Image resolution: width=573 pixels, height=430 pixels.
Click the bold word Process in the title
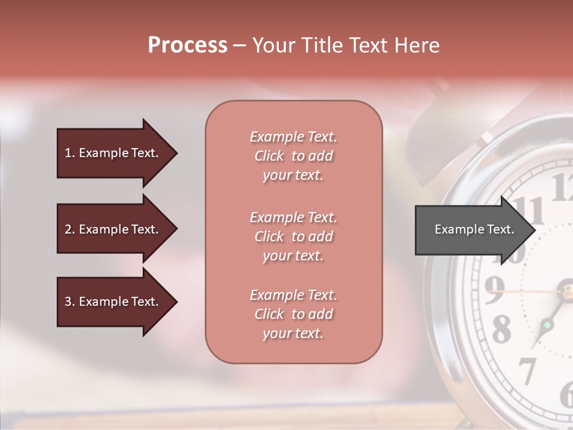pyautogui.click(x=187, y=45)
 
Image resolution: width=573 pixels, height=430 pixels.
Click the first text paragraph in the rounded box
pyautogui.click(x=294, y=156)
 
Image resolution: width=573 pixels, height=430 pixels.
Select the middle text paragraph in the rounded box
pyautogui.click(x=294, y=236)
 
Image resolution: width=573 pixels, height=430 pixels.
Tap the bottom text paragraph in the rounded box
pyautogui.click(x=294, y=314)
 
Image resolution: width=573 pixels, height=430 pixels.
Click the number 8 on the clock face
pyautogui.click(x=501, y=328)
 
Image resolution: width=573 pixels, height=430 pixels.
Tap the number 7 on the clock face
pyautogui.click(x=527, y=371)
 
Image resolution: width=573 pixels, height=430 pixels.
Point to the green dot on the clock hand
pyautogui.click(x=546, y=325)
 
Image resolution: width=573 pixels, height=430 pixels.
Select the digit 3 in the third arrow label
pyautogui.click(x=67, y=302)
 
